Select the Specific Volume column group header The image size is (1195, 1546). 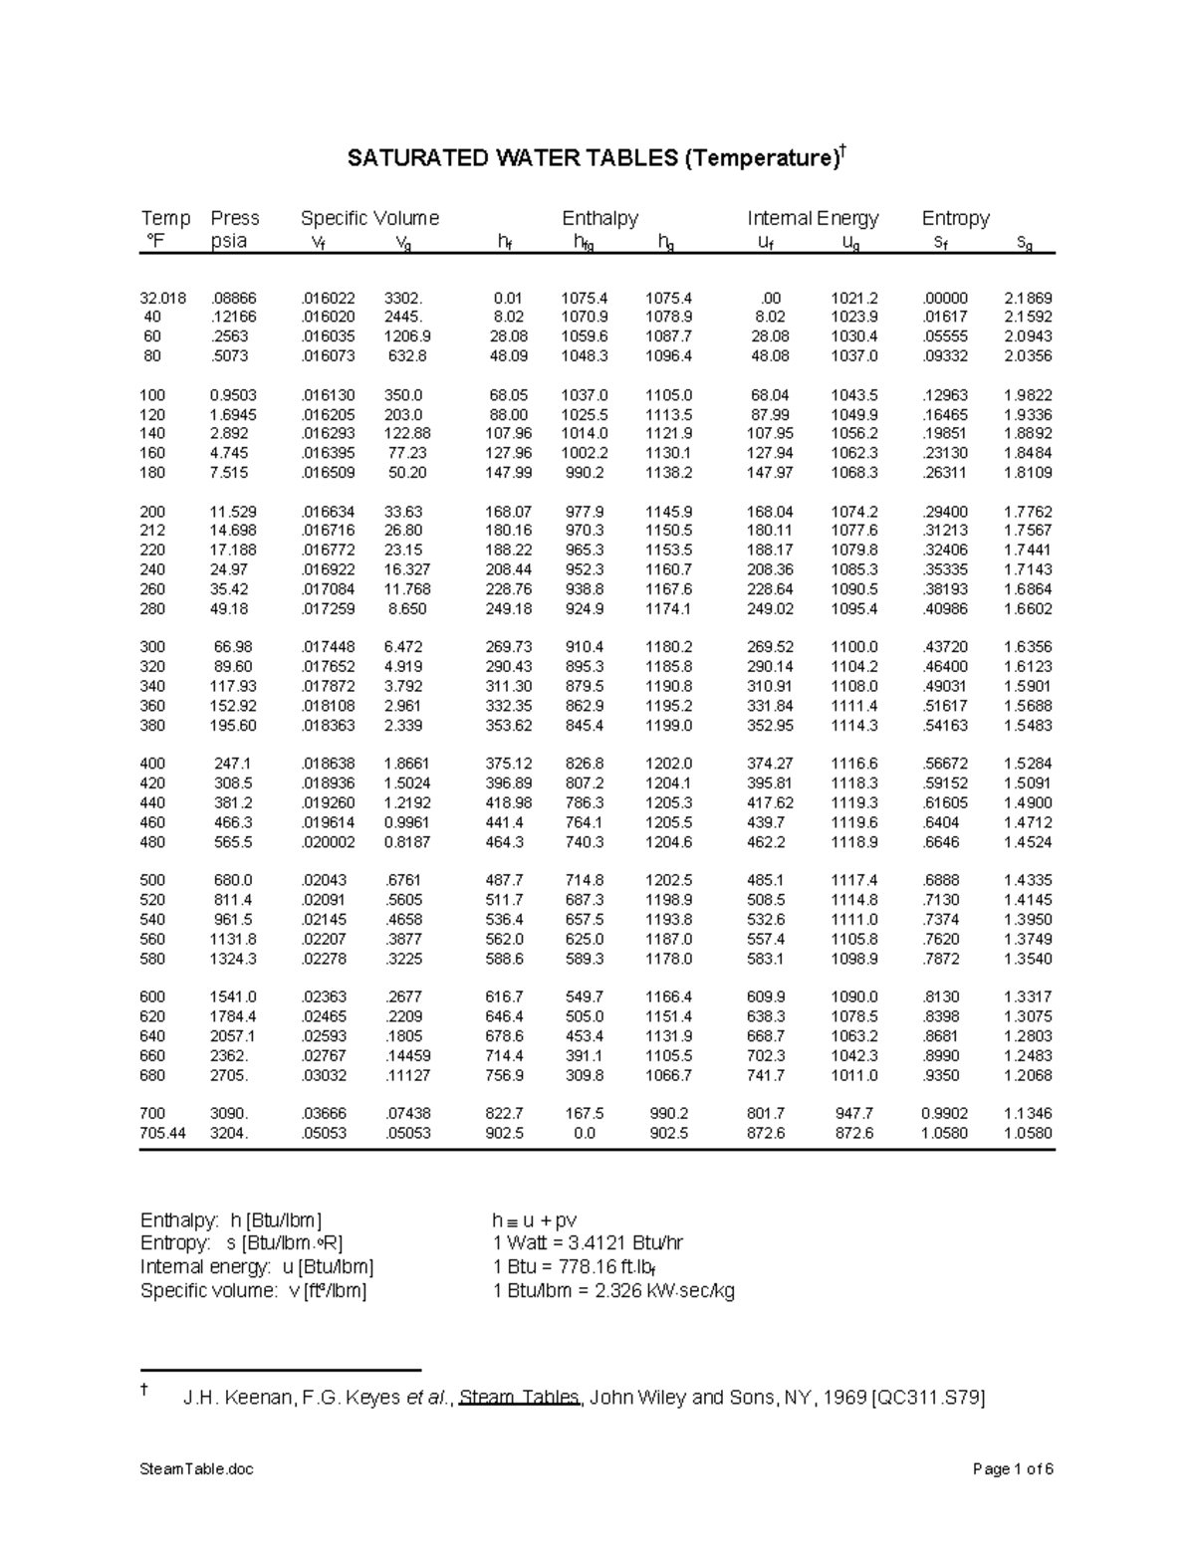click(369, 218)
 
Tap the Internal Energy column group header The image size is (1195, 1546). click(813, 218)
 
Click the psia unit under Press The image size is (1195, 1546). click(229, 241)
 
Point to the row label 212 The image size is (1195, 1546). click(152, 531)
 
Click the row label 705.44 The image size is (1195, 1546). click(162, 1133)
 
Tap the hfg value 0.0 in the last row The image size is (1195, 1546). click(584, 1133)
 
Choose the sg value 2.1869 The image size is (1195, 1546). click(1028, 298)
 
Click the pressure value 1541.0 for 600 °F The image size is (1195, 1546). click(232, 996)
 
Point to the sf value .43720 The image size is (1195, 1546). click(944, 647)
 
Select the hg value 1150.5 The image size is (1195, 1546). click(667, 531)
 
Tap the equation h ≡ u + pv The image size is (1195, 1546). click(535, 1220)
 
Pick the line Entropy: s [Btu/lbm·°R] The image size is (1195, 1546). click(242, 1243)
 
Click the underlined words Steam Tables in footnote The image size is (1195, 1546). click(520, 1398)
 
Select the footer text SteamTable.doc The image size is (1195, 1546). click(197, 1469)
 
